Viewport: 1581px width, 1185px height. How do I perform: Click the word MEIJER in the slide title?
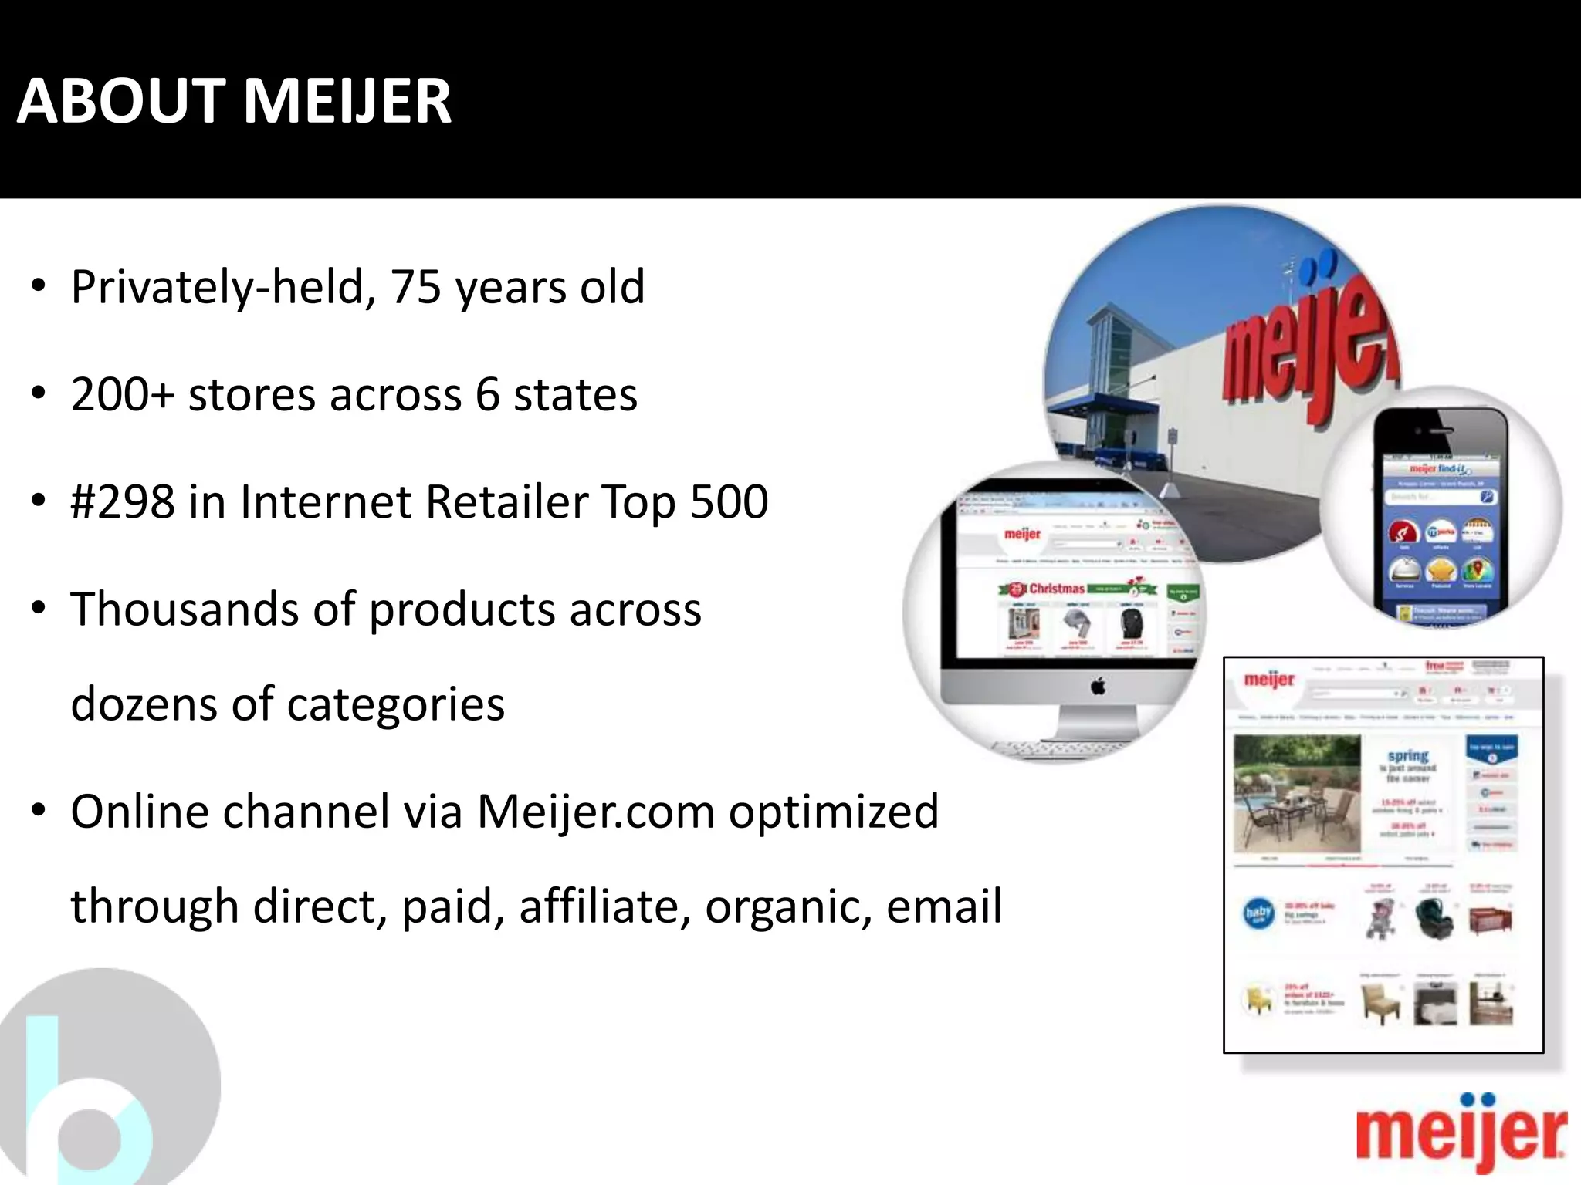pyautogui.click(x=347, y=101)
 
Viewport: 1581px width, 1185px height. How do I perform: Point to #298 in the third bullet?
pyautogui.click(x=123, y=501)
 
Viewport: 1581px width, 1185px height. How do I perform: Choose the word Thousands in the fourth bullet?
pyautogui.click(x=185, y=609)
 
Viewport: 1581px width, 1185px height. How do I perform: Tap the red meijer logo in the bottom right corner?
pyautogui.click(x=1461, y=1134)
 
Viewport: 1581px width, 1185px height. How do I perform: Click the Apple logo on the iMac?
pyautogui.click(x=1098, y=686)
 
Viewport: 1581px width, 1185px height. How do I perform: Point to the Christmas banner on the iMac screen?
pyautogui.click(x=1077, y=589)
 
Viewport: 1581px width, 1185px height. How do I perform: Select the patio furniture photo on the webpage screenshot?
pyautogui.click(x=1297, y=793)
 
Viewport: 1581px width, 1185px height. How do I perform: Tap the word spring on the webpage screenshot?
pyautogui.click(x=1408, y=756)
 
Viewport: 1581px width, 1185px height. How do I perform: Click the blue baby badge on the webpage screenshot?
pyautogui.click(x=1258, y=913)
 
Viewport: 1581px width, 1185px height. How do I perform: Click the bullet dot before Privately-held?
pyautogui.click(x=39, y=287)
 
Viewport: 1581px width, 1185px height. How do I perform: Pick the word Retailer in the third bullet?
pyautogui.click(x=507, y=501)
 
